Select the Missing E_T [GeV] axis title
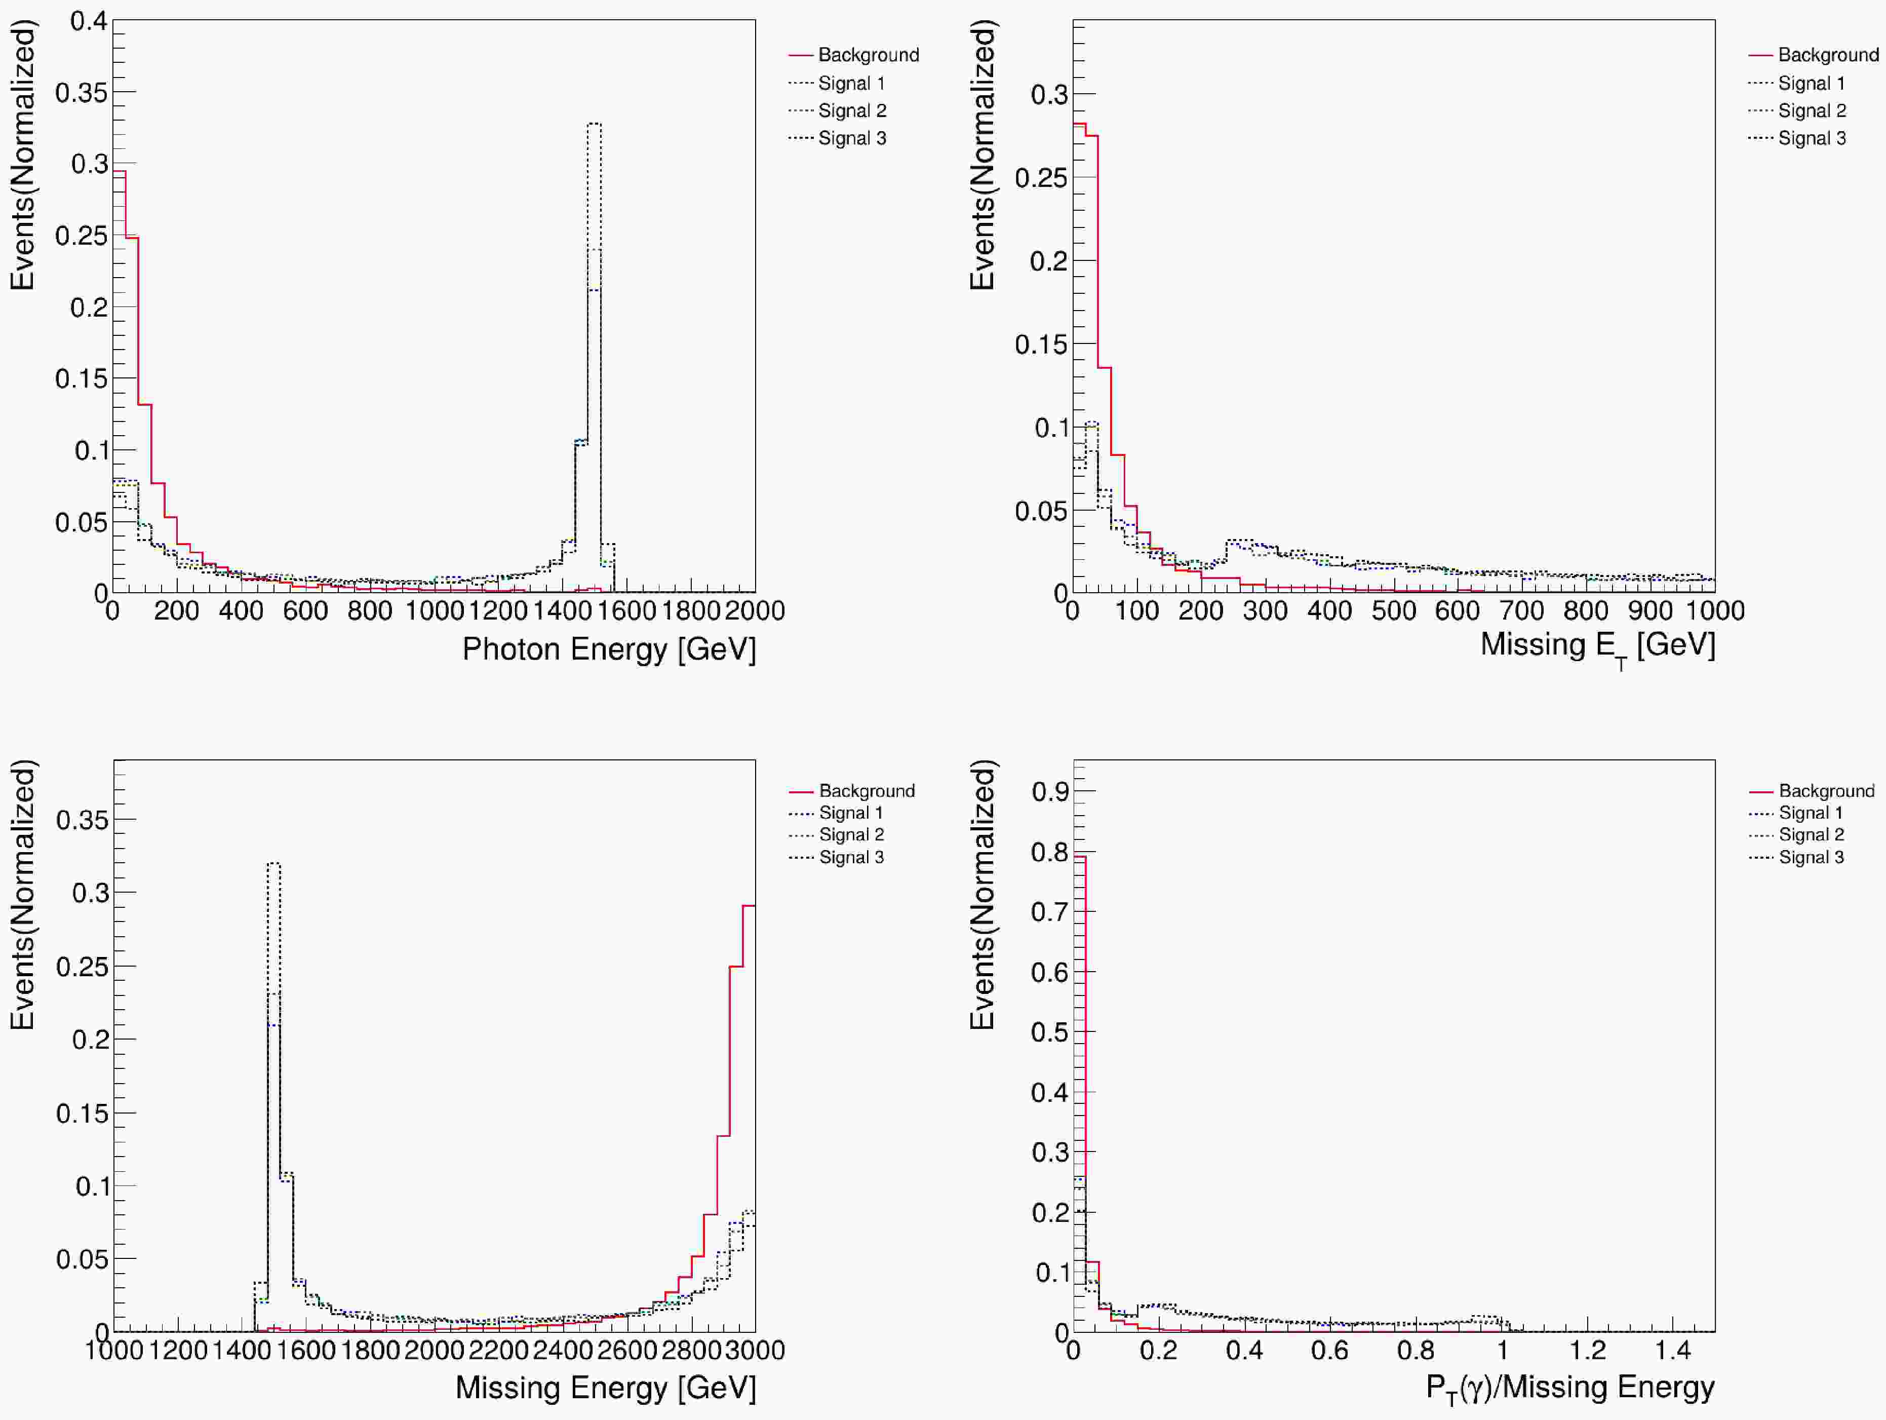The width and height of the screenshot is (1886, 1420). [x=1597, y=645]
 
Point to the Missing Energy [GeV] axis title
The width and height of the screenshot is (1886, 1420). [x=605, y=1388]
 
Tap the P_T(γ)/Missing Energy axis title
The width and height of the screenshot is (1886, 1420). [x=1569, y=1388]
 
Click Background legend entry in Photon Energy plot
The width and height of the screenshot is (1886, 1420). [x=868, y=55]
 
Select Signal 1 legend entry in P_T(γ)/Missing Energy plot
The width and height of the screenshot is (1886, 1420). [x=1810, y=813]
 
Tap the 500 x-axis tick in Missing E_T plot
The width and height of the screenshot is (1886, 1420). [x=1393, y=610]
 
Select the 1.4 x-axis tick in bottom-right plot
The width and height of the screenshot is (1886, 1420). [x=1673, y=1350]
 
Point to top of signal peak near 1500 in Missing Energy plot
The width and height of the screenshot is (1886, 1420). [x=273, y=864]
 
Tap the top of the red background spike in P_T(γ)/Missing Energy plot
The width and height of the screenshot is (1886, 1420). [x=1079, y=856]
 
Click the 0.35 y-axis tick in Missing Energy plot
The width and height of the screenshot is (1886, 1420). [x=82, y=821]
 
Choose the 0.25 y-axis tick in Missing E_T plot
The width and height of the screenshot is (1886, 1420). [x=1040, y=177]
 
